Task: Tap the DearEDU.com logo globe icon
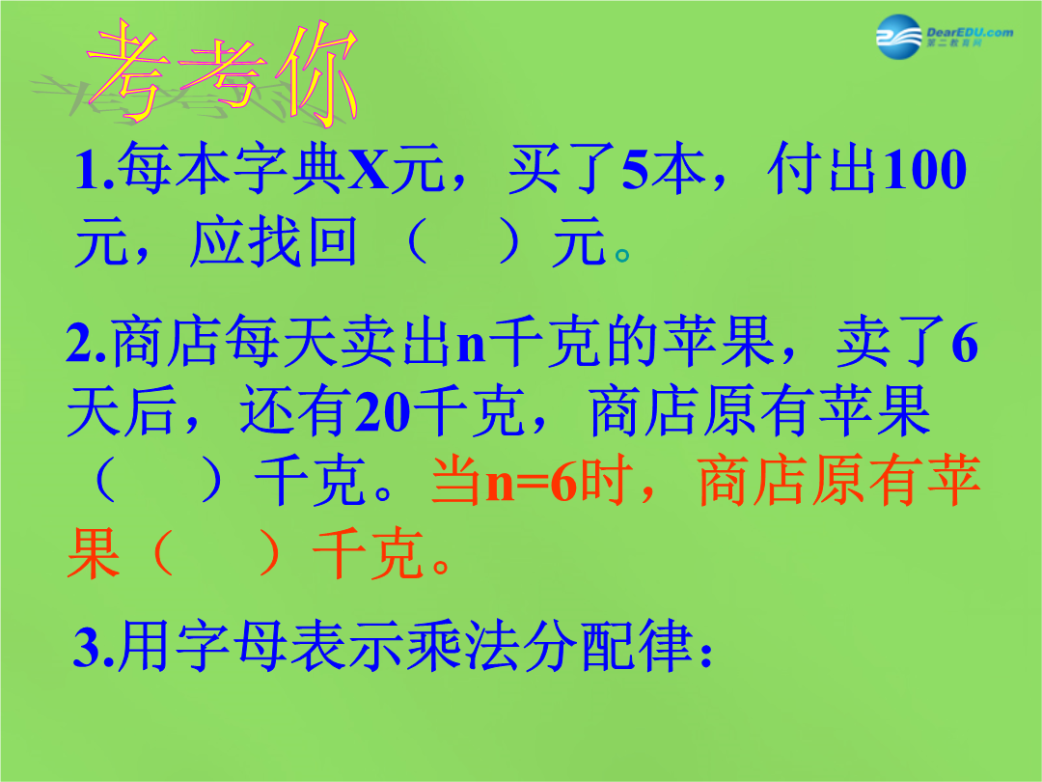pos(899,37)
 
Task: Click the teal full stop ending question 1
pos(622,255)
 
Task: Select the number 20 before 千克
pos(383,412)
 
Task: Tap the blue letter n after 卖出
pos(471,346)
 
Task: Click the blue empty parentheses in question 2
pos(158,480)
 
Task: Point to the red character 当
pos(458,480)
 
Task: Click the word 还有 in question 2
pos(296,411)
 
